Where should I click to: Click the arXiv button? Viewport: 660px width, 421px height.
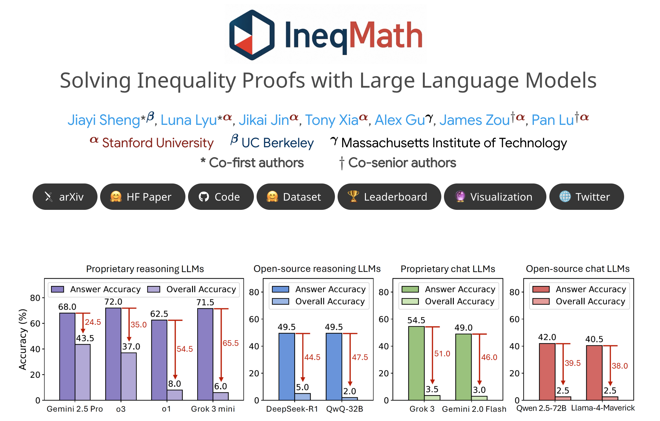[65, 197]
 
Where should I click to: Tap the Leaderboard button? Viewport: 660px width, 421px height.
[389, 197]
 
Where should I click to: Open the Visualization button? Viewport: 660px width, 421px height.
[495, 197]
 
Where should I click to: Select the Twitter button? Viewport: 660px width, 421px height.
[586, 197]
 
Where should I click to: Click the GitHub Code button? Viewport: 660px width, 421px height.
[221, 197]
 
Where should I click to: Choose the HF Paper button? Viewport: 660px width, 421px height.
[143, 197]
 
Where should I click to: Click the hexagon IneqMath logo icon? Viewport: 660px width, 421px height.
[252, 35]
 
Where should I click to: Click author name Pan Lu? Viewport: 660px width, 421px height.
[553, 120]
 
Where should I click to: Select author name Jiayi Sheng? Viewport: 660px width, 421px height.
[104, 120]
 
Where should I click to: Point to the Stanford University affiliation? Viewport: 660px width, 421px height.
[157, 143]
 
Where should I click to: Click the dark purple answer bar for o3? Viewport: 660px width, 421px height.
[113, 354]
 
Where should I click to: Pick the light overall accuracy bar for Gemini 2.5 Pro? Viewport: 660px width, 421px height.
[83, 372]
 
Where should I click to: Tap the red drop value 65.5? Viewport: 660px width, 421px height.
[231, 343]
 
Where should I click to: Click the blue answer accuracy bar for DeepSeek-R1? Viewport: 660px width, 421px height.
[287, 366]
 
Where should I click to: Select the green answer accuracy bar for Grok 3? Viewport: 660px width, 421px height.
[416, 363]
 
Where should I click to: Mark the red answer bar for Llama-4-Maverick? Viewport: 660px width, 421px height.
[594, 373]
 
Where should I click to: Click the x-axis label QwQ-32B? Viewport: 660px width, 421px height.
[344, 409]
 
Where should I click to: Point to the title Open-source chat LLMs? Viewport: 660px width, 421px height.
[578, 269]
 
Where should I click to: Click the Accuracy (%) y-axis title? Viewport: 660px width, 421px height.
[22, 339]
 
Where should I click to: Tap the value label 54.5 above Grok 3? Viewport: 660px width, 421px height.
[416, 320]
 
